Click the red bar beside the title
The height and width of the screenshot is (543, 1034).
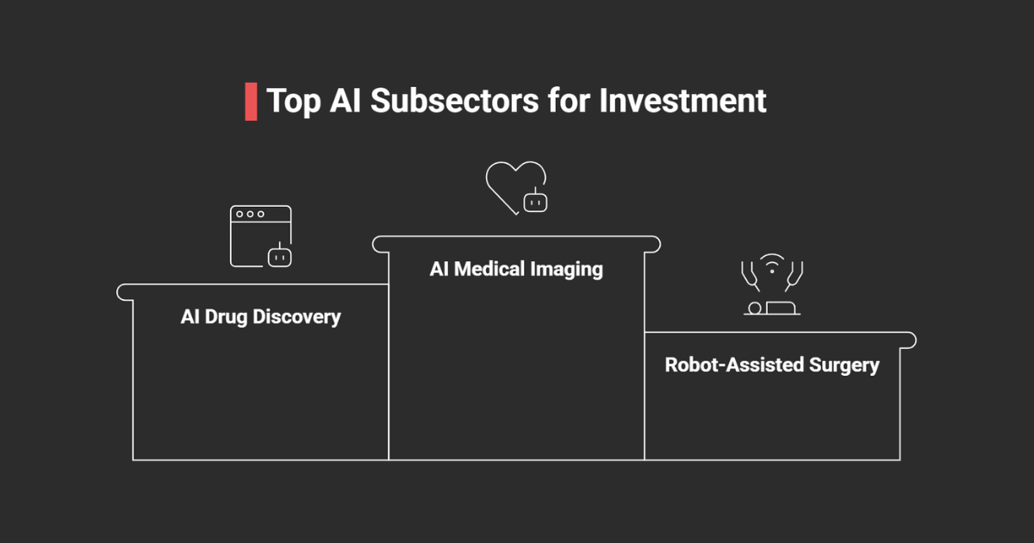251,102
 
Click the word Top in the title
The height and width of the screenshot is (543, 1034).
292,101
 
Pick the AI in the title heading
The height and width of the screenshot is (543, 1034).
346,101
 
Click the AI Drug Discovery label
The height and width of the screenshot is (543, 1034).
260,317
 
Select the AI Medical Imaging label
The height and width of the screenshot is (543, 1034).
516,269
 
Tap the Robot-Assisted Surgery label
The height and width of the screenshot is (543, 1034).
771,365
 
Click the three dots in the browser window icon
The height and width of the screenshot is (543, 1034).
250,214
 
